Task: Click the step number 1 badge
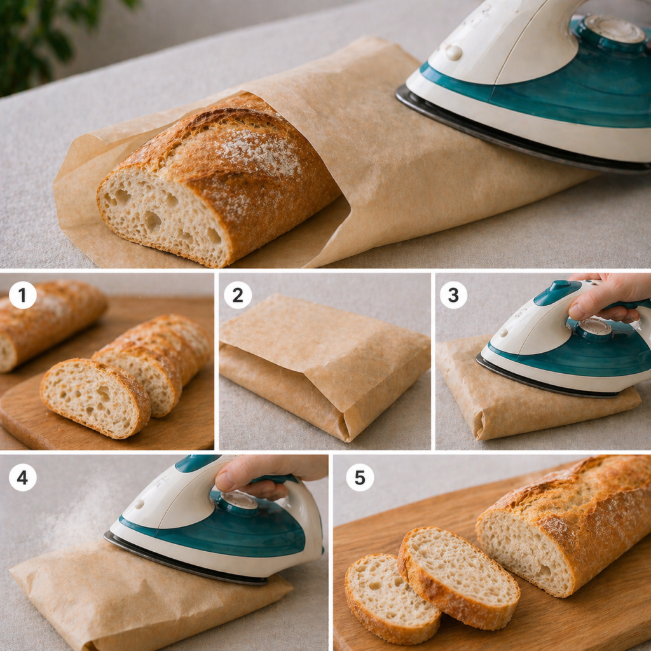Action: click(22, 295)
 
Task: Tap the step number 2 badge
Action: click(238, 295)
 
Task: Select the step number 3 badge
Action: click(453, 295)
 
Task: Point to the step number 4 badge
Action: click(22, 477)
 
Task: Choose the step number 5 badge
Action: click(360, 477)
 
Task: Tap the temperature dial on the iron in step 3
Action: click(595, 327)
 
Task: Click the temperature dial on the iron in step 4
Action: click(239, 500)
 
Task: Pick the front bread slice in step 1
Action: click(96, 398)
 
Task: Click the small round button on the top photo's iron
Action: click(454, 53)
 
